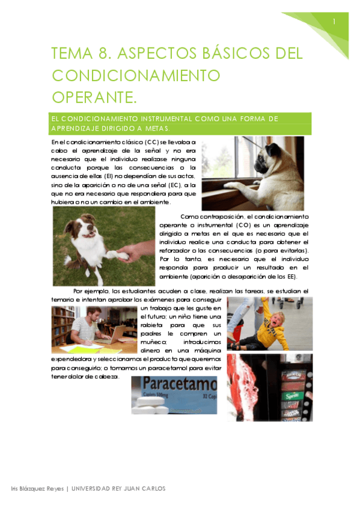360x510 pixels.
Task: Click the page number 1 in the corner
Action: coord(334,22)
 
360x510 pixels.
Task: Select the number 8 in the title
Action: coord(101,54)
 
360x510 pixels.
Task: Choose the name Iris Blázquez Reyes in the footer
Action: coord(38,488)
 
